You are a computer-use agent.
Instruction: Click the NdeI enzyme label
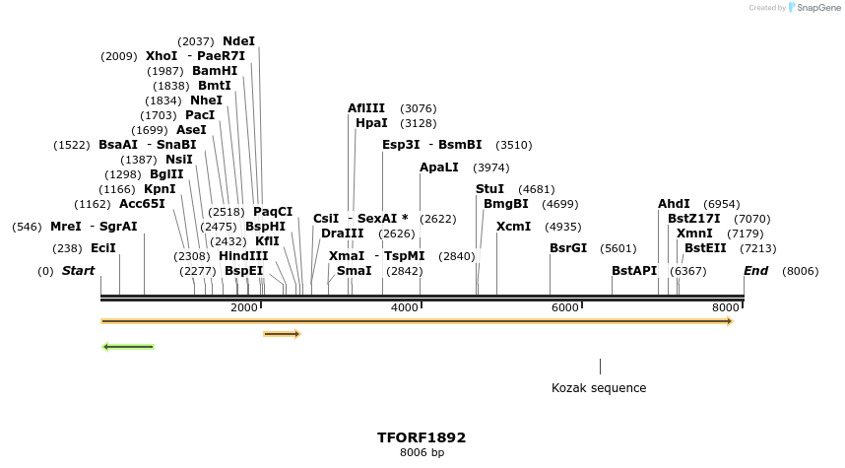pyautogui.click(x=238, y=41)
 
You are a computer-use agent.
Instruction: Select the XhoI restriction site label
pyautogui.click(x=162, y=56)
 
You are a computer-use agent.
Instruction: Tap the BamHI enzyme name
pyautogui.click(x=215, y=71)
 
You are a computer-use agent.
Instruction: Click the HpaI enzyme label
pyautogui.click(x=371, y=123)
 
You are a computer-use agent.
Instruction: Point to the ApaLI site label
pyautogui.click(x=439, y=167)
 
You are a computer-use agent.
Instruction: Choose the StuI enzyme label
pyautogui.click(x=489, y=188)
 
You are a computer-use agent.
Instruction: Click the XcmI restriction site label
pyautogui.click(x=513, y=226)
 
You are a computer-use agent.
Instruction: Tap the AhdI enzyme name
pyautogui.click(x=674, y=204)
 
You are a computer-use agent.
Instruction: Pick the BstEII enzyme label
pyautogui.click(x=705, y=248)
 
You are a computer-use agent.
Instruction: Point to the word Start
pyautogui.click(x=79, y=271)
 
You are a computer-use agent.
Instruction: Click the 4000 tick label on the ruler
pyautogui.click(x=404, y=308)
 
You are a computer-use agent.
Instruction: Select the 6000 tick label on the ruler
pyautogui.click(x=564, y=308)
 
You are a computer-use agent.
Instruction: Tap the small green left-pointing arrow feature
pyautogui.click(x=128, y=347)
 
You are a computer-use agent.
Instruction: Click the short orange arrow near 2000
pyautogui.click(x=282, y=334)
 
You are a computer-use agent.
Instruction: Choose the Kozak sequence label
pyautogui.click(x=599, y=388)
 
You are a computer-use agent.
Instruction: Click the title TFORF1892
pyautogui.click(x=422, y=436)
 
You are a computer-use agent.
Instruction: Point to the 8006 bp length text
pyautogui.click(x=422, y=453)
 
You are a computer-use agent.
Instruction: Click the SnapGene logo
pyautogui.click(x=812, y=8)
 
